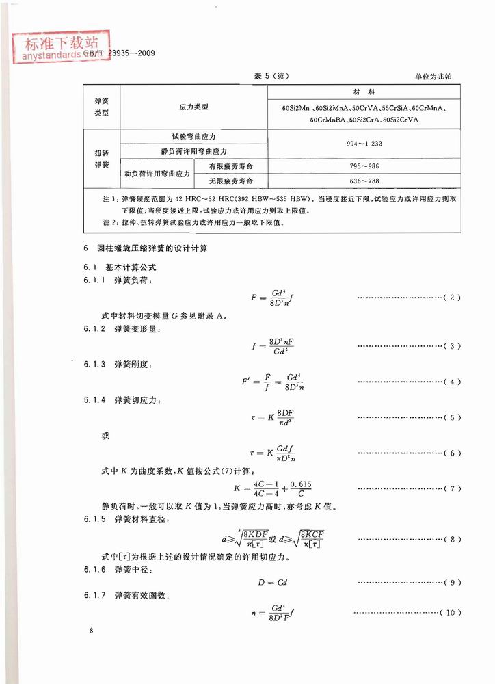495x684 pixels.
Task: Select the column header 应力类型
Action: tap(193, 107)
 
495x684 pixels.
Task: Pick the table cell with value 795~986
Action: tap(363, 166)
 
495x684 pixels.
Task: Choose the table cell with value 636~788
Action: tap(363, 181)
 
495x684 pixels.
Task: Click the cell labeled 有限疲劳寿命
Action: tap(231, 166)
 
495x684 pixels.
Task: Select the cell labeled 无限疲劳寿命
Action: tap(231, 181)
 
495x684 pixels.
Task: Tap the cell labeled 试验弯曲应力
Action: tap(194, 137)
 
